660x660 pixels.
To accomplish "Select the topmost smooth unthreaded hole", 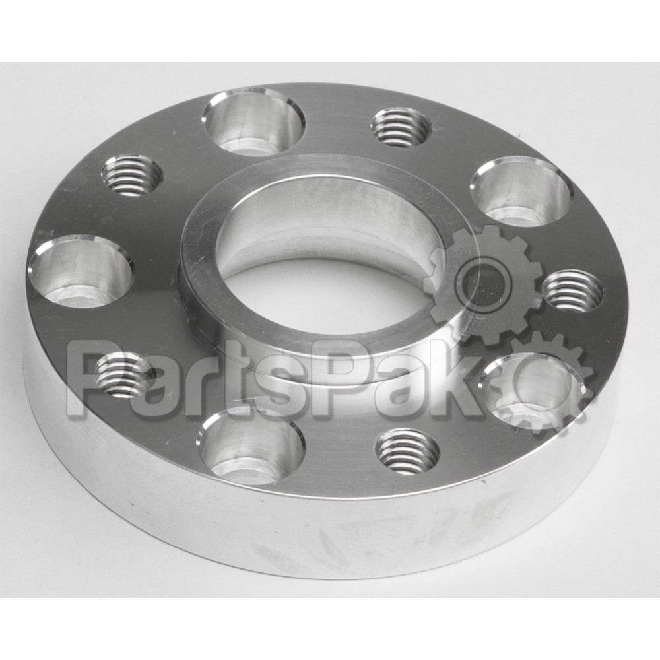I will pyautogui.click(x=253, y=122).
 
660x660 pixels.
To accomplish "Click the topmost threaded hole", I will pyautogui.click(x=401, y=127).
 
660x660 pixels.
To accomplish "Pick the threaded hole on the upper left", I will pyautogui.click(x=131, y=176).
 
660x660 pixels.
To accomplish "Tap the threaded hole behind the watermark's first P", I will pyautogui.click(x=123, y=375).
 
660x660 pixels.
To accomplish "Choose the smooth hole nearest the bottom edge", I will pyautogui.click(x=251, y=446).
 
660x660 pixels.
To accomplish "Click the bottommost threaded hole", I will pyautogui.click(x=407, y=451).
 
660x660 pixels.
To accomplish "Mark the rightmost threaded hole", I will pyautogui.click(x=572, y=290).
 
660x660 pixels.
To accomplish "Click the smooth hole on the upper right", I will pyautogui.click(x=521, y=191).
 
